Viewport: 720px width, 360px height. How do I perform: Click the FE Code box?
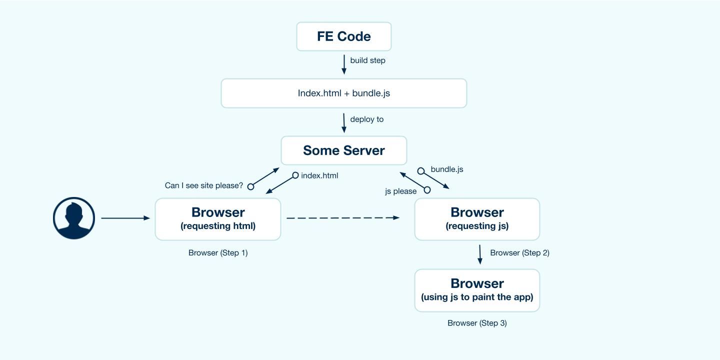[x=344, y=36]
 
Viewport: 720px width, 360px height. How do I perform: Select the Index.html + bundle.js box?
[x=344, y=93]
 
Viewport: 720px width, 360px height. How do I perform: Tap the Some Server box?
[x=344, y=150]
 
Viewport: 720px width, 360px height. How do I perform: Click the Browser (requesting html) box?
[x=218, y=219]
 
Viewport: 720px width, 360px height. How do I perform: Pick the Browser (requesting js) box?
[x=477, y=219]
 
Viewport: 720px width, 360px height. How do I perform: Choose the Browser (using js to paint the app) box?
[x=477, y=290]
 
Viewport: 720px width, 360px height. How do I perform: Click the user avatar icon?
[x=74, y=218]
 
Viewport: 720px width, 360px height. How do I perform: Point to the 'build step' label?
[x=367, y=60]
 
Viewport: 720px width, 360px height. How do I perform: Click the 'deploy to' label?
[x=367, y=119]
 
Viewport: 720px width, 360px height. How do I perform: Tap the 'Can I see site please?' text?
[x=204, y=185]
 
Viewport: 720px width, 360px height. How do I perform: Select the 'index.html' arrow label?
[x=319, y=175]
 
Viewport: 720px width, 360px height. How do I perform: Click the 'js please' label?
[x=400, y=191]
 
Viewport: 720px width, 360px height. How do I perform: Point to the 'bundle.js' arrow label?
[x=447, y=169]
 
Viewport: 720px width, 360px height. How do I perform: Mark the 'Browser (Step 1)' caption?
[x=218, y=253]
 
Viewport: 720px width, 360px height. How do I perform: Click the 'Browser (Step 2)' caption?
[x=519, y=253]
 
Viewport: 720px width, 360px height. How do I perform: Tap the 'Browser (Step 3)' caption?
[x=477, y=323]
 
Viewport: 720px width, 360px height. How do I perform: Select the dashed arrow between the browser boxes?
[x=343, y=218]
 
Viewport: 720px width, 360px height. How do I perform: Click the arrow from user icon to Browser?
[x=125, y=218]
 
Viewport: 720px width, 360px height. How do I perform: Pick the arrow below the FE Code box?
[x=344, y=64]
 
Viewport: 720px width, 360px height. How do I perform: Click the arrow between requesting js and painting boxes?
[x=480, y=254]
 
